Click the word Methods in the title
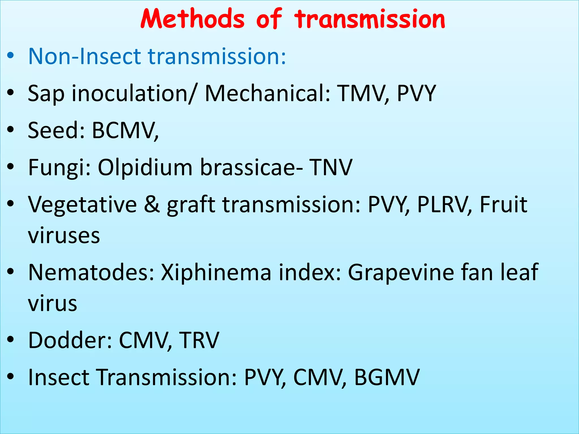(192, 19)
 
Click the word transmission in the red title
(370, 19)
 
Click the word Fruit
(504, 204)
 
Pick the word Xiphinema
(216, 272)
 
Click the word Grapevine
(401, 272)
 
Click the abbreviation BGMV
(387, 377)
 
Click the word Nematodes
(91, 272)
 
